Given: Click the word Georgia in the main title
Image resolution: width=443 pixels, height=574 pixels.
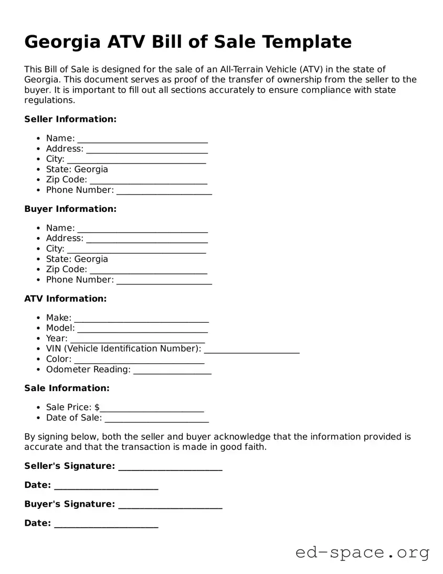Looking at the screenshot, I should tap(62, 42).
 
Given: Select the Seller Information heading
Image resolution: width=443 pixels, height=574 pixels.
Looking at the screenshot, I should tap(70, 119).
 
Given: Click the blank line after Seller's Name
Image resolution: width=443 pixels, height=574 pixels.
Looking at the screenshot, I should tap(142, 140).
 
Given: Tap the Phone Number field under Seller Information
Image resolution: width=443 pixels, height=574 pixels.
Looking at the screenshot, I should tap(164, 192).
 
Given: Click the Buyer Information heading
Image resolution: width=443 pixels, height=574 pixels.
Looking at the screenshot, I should tap(70, 209).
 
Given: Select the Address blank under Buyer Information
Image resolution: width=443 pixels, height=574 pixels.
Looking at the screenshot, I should tap(147, 240).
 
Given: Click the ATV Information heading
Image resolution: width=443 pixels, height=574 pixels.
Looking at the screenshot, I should tap(65, 299).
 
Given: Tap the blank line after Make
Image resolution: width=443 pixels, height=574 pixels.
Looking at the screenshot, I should tap(141, 320).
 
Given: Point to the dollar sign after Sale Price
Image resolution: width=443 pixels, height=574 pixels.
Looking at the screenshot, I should tap(97, 407).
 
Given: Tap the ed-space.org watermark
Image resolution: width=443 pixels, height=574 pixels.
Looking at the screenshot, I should tap(362, 552).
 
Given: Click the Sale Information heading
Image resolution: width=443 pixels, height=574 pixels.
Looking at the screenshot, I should tap(67, 388).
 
